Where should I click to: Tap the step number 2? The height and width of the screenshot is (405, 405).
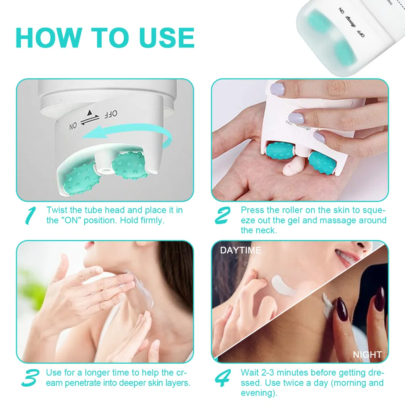click(223, 215)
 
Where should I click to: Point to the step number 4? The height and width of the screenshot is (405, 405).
click(223, 377)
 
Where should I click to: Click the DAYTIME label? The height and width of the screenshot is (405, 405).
click(240, 250)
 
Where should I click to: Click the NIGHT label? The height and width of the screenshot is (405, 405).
click(367, 355)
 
